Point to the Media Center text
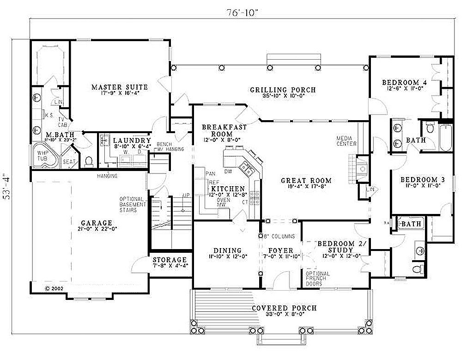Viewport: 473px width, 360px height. tap(346, 141)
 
